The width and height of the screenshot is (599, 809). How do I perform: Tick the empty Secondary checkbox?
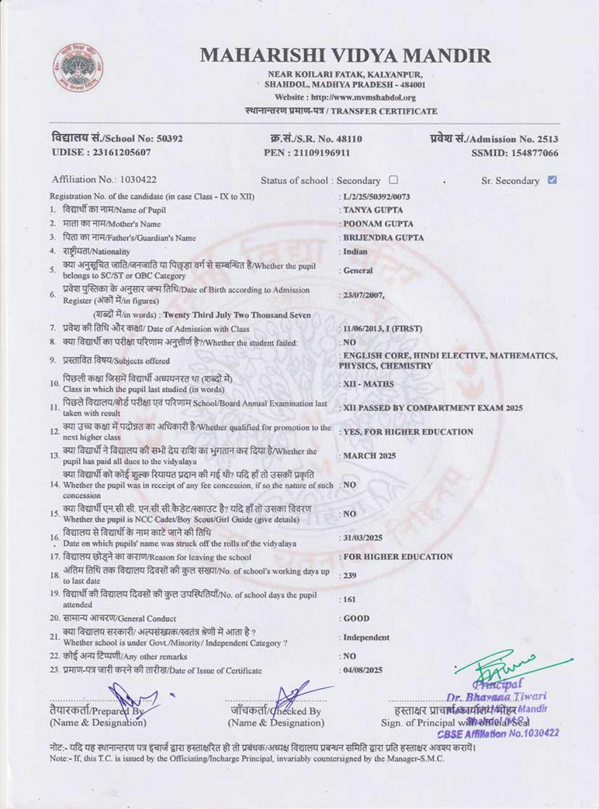pos(394,180)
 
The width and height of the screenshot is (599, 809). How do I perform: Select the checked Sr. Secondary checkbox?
pos(552,180)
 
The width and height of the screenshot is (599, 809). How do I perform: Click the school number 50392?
pos(170,138)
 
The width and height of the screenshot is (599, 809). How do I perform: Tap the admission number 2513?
pos(547,139)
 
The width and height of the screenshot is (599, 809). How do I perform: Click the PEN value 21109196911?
pos(322,152)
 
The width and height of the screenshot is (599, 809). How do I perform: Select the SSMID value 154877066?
pos(534,153)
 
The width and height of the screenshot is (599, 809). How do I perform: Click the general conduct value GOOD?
pos(356,618)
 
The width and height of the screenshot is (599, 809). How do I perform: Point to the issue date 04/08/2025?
pos(362,671)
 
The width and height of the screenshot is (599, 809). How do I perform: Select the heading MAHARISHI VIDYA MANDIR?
pos(345,56)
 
